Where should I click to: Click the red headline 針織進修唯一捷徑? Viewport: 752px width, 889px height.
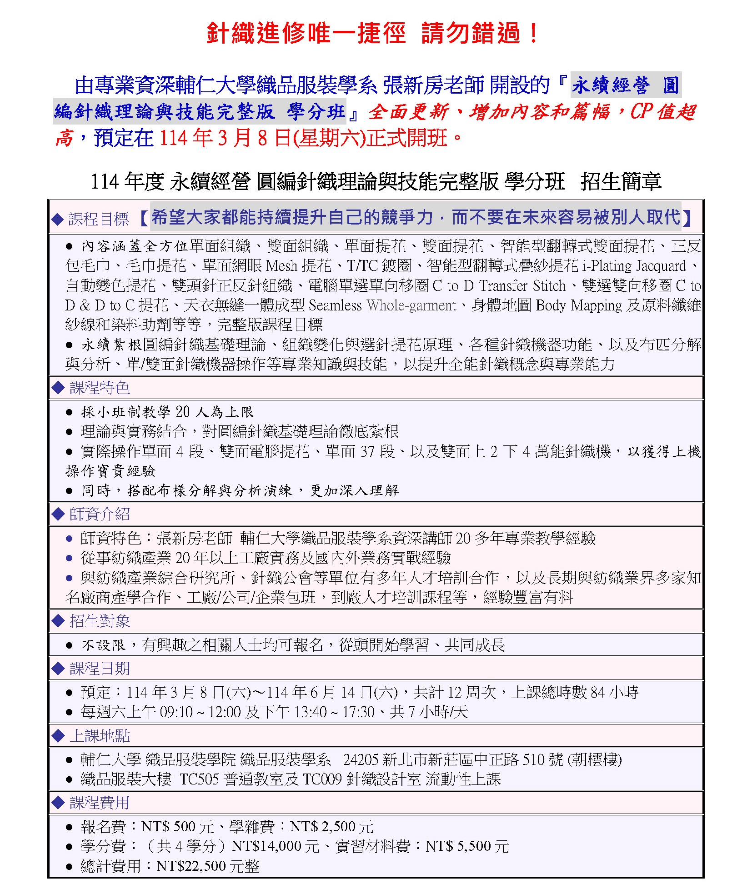click(306, 33)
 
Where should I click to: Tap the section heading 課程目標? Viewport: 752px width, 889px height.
click(98, 220)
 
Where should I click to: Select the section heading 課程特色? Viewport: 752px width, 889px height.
click(100, 388)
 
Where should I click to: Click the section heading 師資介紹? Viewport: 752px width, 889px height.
click(100, 514)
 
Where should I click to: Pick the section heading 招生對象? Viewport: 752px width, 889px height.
click(100, 621)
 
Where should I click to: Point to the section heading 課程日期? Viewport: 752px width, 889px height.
click(100, 669)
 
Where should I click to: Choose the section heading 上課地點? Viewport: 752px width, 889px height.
click(100, 736)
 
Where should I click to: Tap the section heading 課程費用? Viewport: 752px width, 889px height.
click(100, 803)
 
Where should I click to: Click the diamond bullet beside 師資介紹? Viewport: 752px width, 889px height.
click(58, 514)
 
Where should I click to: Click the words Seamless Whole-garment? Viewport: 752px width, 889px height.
click(382, 305)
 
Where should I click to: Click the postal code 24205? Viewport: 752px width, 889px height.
click(361, 759)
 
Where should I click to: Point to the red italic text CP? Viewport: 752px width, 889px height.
click(641, 111)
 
